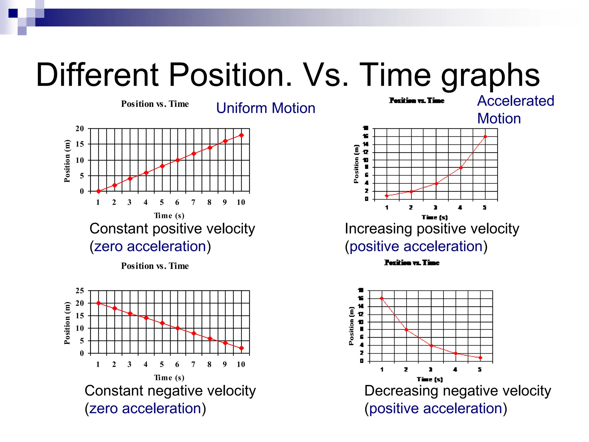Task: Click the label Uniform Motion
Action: [x=265, y=108]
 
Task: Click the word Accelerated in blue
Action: [x=515, y=101]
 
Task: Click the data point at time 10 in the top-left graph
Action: [x=241, y=135]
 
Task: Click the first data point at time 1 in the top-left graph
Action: [x=98, y=191]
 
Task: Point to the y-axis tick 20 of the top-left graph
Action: [x=80, y=129]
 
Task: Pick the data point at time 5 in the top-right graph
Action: [x=485, y=137]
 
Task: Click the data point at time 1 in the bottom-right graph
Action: [x=382, y=298]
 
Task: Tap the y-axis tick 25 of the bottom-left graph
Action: [x=80, y=291]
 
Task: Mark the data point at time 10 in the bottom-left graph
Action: [x=241, y=348]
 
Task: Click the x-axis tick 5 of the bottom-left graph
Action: [x=162, y=364]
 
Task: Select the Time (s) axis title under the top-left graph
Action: [x=169, y=216]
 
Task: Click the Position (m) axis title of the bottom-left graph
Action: [x=67, y=323]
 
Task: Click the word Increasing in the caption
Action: [x=378, y=229]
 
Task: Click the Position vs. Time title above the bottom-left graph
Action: [x=155, y=266]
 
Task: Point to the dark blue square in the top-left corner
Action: [x=13, y=13]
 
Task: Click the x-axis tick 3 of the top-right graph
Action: [x=435, y=207]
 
